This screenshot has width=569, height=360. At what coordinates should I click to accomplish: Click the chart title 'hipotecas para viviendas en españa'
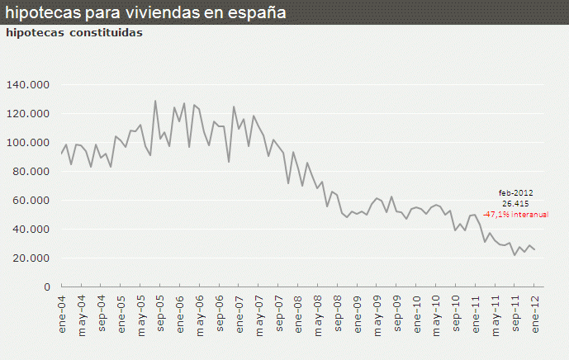pyautogui.click(x=146, y=13)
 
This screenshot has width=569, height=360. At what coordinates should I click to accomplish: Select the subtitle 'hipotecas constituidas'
pyautogui.click(x=73, y=33)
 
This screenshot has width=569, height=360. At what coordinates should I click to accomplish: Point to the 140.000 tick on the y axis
pyautogui.click(x=28, y=85)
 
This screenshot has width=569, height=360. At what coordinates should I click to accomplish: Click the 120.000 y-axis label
pyautogui.click(x=28, y=114)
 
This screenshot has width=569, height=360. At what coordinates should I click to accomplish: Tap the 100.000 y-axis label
pyautogui.click(x=28, y=143)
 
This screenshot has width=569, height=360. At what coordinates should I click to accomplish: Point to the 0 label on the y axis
pyautogui.click(x=47, y=287)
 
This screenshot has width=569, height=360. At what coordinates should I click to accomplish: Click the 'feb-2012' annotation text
pyautogui.click(x=515, y=192)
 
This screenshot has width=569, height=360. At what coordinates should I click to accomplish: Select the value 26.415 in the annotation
pyautogui.click(x=515, y=203)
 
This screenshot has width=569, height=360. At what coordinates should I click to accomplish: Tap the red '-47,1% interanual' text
pyautogui.click(x=515, y=214)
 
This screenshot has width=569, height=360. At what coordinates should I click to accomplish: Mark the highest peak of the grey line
pyautogui.click(x=155, y=101)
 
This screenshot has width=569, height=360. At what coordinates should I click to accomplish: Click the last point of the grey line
pyautogui.click(x=534, y=249)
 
